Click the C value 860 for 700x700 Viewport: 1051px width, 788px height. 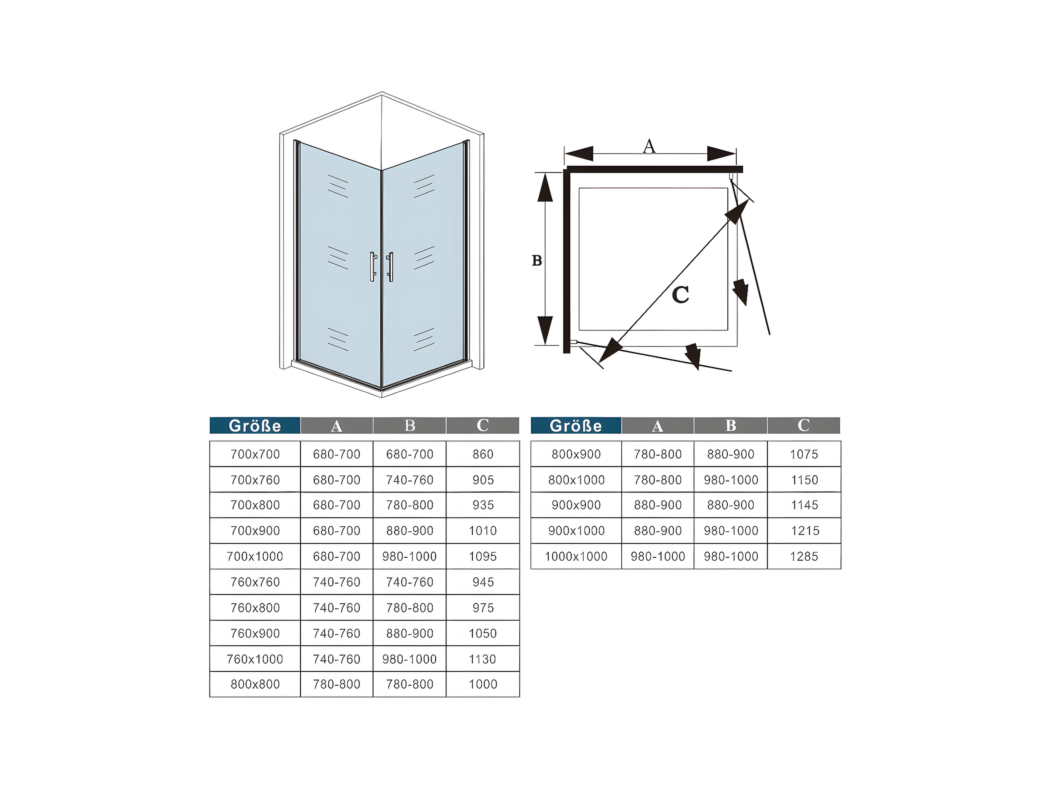(x=483, y=454)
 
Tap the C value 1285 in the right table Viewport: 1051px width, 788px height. (x=804, y=556)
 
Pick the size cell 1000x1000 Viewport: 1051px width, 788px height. (x=576, y=556)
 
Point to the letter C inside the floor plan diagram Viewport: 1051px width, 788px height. (x=681, y=295)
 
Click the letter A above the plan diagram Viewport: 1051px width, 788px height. (x=649, y=146)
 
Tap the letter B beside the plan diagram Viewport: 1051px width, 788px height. (x=537, y=260)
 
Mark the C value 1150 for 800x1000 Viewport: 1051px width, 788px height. (x=804, y=480)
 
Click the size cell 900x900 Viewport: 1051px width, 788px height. (x=576, y=505)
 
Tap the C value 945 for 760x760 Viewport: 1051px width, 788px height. (x=483, y=582)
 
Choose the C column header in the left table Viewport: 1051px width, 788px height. (x=483, y=425)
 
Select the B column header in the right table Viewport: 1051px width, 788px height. (x=731, y=425)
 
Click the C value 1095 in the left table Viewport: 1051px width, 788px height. (x=483, y=556)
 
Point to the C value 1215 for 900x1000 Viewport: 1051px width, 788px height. (x=804, y=531)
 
